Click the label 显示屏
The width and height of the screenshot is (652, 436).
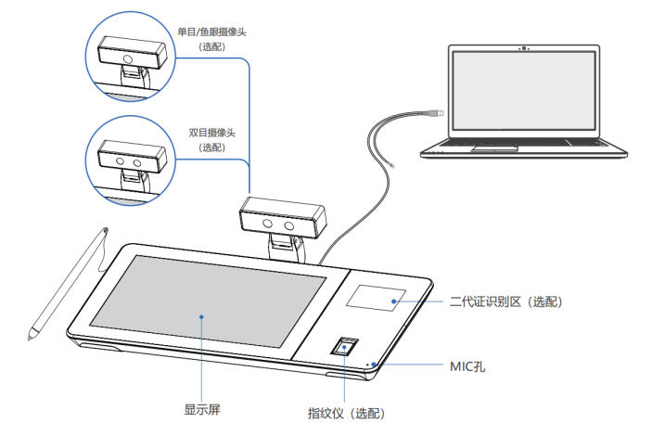pyautogui.click(x=201, y=407)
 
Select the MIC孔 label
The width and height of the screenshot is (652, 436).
pyautogui.click(x=467, y=366)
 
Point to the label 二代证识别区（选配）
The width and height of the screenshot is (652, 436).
pyautogui.click(x=505, y=301)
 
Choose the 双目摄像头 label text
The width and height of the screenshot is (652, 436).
pyautogui.click(x=212, y=134)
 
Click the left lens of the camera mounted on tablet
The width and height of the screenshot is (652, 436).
pyautogui.click(x=268, y=224)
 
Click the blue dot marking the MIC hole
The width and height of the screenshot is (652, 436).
pyautogui.click(x=377, y=365)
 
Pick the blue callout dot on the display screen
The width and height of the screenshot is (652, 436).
pyautogui.click(x=201, y=316)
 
